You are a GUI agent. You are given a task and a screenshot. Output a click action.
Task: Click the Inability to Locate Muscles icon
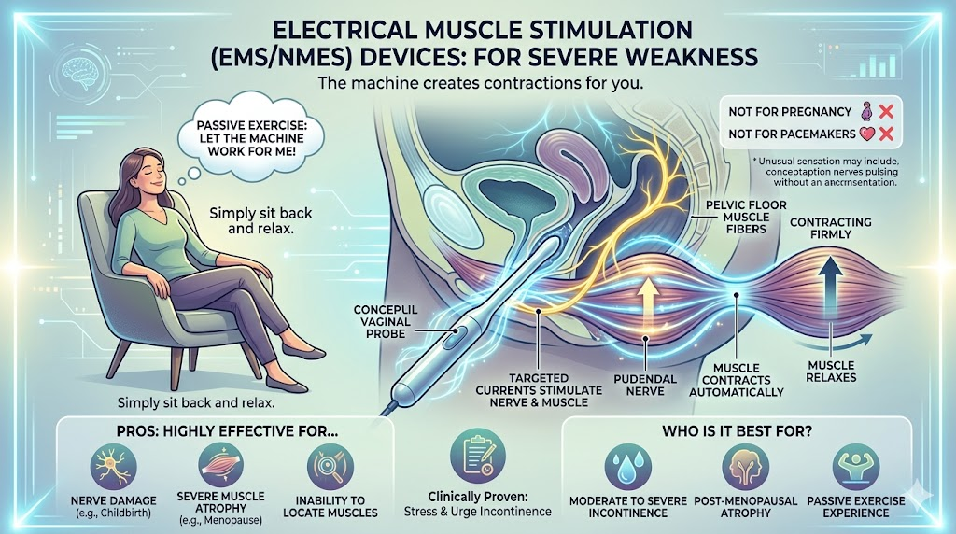coord(328,462)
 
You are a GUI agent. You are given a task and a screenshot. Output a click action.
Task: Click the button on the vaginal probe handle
coord(458,330)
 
